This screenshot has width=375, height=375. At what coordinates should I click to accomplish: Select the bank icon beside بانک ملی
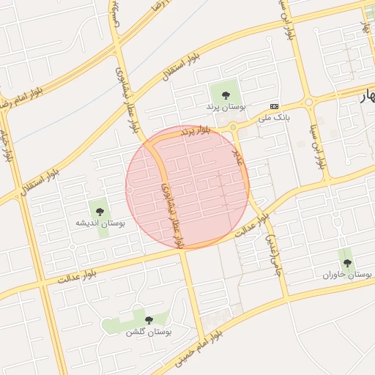[x=274, y=105]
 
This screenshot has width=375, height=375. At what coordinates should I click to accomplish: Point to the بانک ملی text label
[x=273, y=116]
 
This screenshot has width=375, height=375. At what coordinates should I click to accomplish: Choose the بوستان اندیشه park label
[x=101, y=222]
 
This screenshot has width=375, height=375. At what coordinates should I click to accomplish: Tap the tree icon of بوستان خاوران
[x=347, y=262]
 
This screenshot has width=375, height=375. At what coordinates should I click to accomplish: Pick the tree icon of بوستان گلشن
[x=149, y=320]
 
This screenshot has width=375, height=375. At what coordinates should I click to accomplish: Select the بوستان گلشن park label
[x=148, y=333]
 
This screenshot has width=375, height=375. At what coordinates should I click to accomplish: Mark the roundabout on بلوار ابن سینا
[x=309, y=102]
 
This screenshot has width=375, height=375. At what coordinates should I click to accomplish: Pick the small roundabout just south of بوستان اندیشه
[x=73, y=247]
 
